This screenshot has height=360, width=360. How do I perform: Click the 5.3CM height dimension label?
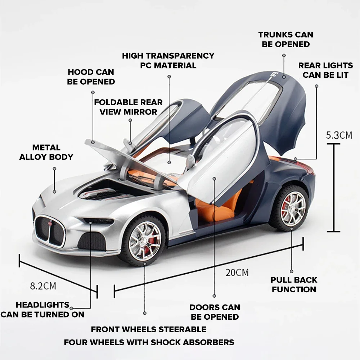click(x=339, y=135)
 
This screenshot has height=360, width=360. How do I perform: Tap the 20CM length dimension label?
click(x=237, y=272)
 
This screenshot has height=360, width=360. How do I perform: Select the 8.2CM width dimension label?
click(x=43, y=286)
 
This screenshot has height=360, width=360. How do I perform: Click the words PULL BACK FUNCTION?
click(x=294, y=285)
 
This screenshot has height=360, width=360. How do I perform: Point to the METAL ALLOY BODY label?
click(x=46, y=152)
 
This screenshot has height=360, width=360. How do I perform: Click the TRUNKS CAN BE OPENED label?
click(x=285, y=40)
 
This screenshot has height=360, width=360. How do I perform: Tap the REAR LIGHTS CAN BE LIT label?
click(x=325, y=70)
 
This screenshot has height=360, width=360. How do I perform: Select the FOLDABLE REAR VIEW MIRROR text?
click(x=128, y=107)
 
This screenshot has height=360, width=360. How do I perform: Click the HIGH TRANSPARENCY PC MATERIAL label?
click(x=168, y=60)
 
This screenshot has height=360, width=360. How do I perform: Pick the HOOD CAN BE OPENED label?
click(x=91, y=77)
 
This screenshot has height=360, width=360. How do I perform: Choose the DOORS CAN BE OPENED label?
click(x=215, y=312)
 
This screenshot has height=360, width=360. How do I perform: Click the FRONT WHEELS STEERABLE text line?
click(x=148, y=329)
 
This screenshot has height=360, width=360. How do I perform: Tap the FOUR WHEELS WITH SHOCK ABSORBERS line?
click(x=149, y=342)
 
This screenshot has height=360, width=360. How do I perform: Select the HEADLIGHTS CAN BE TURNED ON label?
click(x=42, y=310)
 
